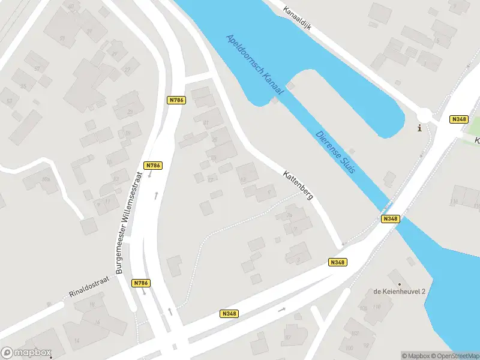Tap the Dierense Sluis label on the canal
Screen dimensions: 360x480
tap(335, 152)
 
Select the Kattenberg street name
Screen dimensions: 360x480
tap(298, 185)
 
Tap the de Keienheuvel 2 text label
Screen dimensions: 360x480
tap(399, 292)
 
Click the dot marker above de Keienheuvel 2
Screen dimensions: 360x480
tap(398, 282)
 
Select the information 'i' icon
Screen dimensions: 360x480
tap(419, 128)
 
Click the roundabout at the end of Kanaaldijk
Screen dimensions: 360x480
tap(425, 115)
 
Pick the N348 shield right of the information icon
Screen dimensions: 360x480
tap(458, 119)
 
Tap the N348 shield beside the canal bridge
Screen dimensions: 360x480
tap(389, 220)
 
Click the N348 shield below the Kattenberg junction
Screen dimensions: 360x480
tap(338, 262)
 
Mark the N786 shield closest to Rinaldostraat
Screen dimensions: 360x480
tap(141, 283)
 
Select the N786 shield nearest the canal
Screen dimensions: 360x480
tap(175, 100)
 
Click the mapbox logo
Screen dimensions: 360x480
tap(26, 353)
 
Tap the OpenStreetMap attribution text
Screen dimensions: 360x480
tap(456, 356)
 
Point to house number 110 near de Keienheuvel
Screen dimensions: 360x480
tap(377, 307)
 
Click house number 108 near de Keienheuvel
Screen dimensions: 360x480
tap(364, 309)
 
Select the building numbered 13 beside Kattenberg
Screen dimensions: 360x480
tap(243, 179)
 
